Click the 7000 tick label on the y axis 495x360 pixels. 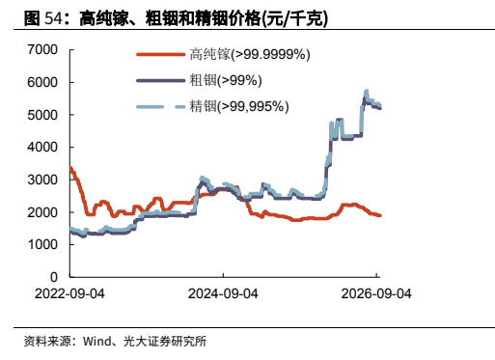42,50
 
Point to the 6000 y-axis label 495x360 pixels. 42,82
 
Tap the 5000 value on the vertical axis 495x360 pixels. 42,115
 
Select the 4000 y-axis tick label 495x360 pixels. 42,147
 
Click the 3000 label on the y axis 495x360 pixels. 42,180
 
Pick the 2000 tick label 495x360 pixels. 42,212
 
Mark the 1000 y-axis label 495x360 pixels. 42,244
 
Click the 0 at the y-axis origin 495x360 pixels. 54,277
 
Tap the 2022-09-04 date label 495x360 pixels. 69,293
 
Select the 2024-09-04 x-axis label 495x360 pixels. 223,293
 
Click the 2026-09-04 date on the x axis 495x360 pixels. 376,293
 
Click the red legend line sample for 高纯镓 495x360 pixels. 161,54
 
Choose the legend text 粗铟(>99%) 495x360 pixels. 226,80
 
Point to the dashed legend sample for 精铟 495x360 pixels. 161,106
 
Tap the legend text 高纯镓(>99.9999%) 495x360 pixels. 250,54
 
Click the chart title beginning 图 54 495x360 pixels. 176,18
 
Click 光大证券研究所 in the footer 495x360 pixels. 165,342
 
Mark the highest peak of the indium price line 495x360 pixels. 366,92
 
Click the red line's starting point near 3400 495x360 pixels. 70,167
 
